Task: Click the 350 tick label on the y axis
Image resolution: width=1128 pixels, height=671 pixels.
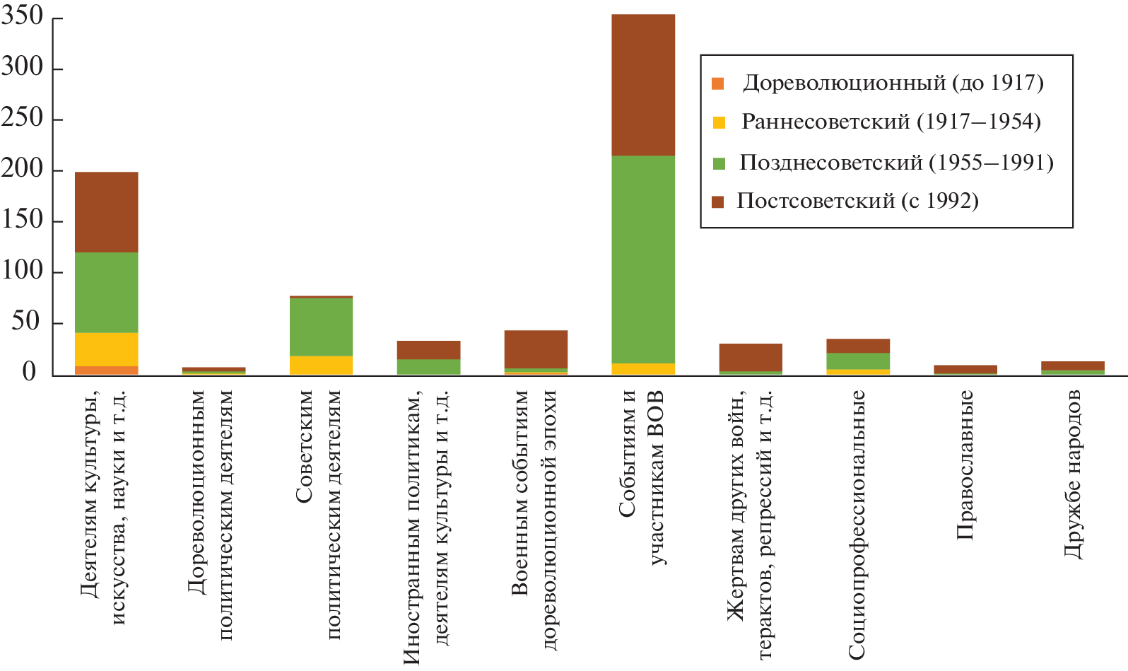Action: pos(23,16)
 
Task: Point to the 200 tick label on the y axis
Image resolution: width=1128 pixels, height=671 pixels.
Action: pos(23,169)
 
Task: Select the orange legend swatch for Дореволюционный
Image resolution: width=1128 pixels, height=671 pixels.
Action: pos(718,83)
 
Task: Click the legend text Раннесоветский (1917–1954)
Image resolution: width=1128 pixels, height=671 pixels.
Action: pos(891,122)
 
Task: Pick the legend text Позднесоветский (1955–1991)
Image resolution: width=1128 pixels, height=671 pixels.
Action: pos(896,163)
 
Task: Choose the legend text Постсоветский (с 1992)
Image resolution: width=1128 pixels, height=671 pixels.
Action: pos(857,201)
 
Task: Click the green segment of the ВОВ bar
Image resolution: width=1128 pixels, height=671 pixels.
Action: pos(642,259)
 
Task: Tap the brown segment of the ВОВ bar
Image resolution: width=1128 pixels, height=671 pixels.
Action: pos(642,85)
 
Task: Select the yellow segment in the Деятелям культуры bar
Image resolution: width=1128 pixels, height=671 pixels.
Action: pos(106,349)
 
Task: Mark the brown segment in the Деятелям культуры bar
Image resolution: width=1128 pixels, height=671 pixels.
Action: pos(106,212)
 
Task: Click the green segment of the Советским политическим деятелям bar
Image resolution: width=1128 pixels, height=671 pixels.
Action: pos(321,327)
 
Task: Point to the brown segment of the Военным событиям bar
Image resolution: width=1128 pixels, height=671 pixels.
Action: pos(536,349)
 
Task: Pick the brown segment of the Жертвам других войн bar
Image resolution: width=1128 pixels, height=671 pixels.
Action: pos(751,357)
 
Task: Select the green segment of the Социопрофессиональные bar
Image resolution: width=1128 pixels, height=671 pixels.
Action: pos(858,361)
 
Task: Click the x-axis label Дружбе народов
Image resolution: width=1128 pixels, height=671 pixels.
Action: pos(1072,474)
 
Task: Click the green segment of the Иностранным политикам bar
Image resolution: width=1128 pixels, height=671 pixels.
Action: pos(428,366)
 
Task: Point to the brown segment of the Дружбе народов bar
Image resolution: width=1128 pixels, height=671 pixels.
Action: pos(1072,366)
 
